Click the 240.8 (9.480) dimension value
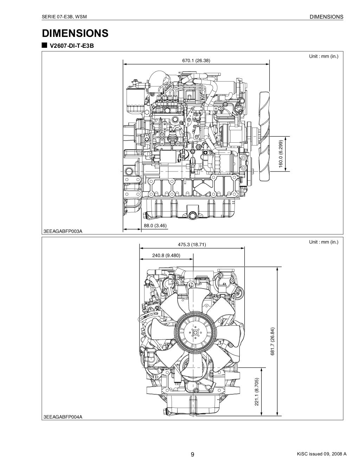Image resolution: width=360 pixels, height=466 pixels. click(x=166, y=256)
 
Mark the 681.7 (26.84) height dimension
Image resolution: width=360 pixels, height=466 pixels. click(x=272, y=342)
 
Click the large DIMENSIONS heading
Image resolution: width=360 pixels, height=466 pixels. click(x=75, y=33)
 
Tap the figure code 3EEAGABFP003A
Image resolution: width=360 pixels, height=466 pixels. click(x=63, y=231)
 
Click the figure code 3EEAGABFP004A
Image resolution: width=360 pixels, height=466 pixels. click(x=63, y=417)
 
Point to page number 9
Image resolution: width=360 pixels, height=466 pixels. click(x=192, y=455)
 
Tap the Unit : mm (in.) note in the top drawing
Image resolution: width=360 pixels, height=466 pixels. click(x=323, y=56)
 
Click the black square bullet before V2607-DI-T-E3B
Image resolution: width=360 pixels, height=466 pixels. click(x=44, y=46)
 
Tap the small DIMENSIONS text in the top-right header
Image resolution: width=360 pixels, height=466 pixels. click(x=326, y=17)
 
